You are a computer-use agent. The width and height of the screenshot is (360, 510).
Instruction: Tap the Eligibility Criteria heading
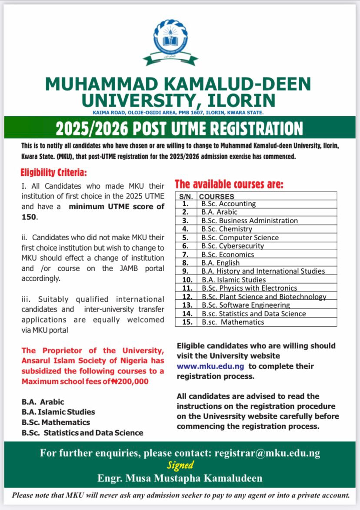(53, 173)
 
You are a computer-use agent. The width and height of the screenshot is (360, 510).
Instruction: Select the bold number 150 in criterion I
(29, 217)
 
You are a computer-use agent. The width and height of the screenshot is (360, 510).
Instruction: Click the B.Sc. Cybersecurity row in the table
(233, 246)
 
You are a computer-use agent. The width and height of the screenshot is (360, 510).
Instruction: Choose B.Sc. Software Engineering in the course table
(245, 305)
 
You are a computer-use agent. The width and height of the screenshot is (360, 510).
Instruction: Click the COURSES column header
(217, 196)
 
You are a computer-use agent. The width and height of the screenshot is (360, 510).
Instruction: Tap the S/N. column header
(186, 196)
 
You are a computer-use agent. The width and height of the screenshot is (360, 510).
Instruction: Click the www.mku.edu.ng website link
(210, 366)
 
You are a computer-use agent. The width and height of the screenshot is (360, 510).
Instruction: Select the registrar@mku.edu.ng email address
(267, 453)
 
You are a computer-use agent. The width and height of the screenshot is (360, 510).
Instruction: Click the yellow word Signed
(180, 465)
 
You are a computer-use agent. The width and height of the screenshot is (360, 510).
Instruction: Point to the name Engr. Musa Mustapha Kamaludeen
(180, 479)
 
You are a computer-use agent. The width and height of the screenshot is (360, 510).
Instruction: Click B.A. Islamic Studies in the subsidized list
(58, 412)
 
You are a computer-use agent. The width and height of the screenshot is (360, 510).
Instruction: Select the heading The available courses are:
(229, 185)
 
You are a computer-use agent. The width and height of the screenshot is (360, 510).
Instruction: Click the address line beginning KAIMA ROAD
(178, 113)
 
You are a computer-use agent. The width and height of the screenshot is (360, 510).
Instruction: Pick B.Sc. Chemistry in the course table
(227, 229)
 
